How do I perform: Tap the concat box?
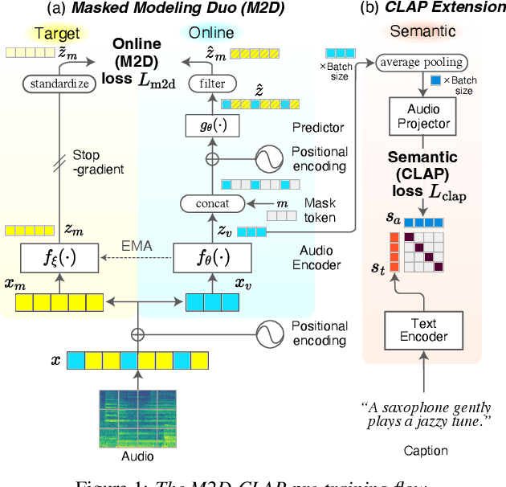pyautogui.click(x=212, y=203)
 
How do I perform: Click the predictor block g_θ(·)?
pyautogui.click(x=212, y=125)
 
